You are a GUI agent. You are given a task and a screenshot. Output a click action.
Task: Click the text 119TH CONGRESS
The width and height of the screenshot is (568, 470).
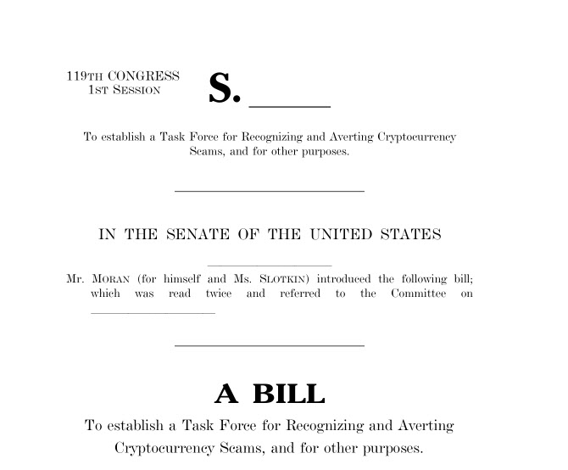(123, 76)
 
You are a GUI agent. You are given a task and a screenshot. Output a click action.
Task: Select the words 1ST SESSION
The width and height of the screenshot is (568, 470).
(125, 90)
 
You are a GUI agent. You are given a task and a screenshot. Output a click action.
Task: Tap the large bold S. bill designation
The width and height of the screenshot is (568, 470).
(225, 89)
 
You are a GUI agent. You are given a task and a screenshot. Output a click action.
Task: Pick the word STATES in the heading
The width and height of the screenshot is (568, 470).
(410, 235)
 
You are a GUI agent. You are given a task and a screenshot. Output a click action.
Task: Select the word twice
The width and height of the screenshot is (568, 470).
(218, 294)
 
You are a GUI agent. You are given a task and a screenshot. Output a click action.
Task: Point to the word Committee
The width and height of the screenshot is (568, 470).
(419, 294)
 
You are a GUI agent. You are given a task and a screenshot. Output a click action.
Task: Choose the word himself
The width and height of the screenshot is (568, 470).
(181, 278)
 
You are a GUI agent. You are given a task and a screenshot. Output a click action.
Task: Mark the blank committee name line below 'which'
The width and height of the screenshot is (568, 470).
(153, 312)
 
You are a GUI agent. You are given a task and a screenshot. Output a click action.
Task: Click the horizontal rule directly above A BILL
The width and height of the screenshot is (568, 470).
(269, 345)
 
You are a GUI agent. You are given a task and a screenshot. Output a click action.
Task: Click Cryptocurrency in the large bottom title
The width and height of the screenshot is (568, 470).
(166, 447)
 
